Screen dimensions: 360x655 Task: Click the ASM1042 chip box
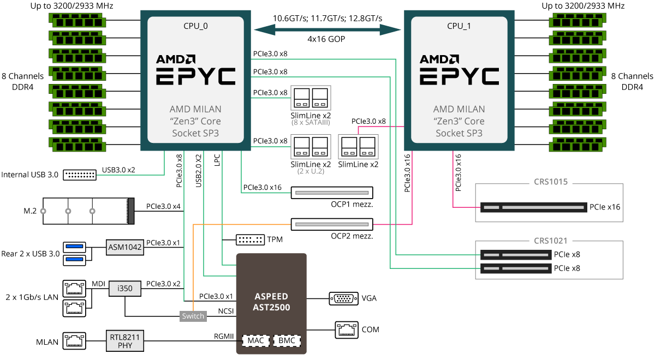(125, 247)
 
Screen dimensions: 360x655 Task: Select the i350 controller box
(125, 288)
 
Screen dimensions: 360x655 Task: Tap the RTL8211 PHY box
(125, 341)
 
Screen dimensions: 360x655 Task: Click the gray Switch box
(193, 316)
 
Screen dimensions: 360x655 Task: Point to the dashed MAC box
(255, 341)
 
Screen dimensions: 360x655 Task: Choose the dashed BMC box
(287, 341)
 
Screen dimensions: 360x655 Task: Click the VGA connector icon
(343, 298)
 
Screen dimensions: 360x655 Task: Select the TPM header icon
(249, 239)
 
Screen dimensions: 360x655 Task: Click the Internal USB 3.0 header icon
(79, 175)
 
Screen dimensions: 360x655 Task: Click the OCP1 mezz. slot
(331, 193)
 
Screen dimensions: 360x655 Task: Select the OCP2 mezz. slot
(331, 224)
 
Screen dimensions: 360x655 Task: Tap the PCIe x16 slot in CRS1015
(532, 207)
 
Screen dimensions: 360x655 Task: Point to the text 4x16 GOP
(326, 39)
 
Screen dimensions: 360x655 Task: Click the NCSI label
(226, 311)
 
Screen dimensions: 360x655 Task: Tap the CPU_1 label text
(458, 25)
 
